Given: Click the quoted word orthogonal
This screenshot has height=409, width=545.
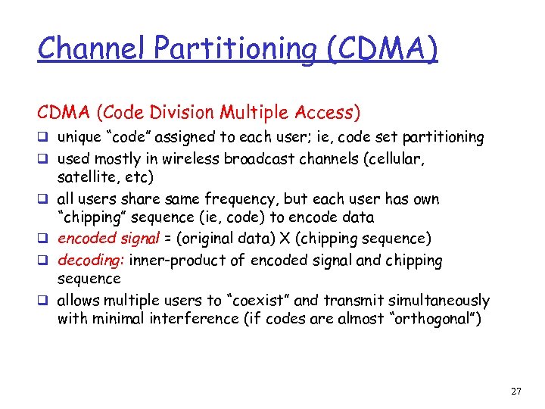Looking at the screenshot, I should tap(427, 319).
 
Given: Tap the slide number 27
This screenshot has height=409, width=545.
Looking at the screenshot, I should tap(515, 392).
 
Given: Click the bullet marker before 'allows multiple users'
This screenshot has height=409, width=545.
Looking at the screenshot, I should tap(43, 301).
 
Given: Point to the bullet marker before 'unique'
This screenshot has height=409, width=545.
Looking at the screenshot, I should tap(43, 138).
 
